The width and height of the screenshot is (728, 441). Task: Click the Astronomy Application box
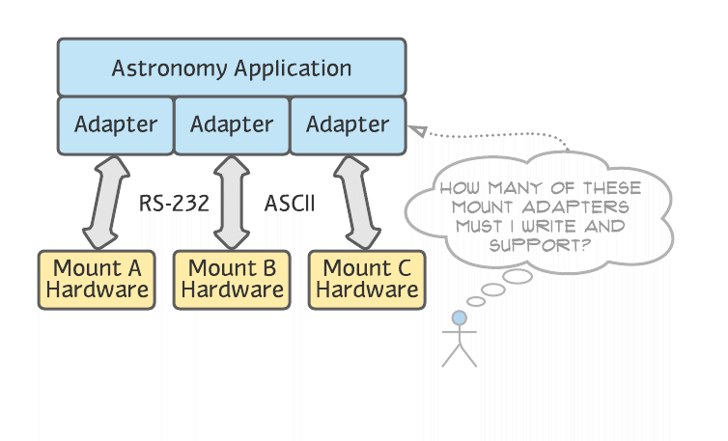(232, 68)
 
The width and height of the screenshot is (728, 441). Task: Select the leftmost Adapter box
(116, 124)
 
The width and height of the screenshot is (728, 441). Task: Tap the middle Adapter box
(232, 124)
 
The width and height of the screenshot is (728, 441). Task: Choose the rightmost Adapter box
(348, 124)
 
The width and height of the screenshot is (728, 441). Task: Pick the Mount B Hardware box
(233, 279)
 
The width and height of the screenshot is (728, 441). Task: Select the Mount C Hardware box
(368, 279)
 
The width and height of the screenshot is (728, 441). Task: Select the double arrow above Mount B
(232, 203)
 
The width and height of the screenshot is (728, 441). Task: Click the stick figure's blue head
(460, 317)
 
